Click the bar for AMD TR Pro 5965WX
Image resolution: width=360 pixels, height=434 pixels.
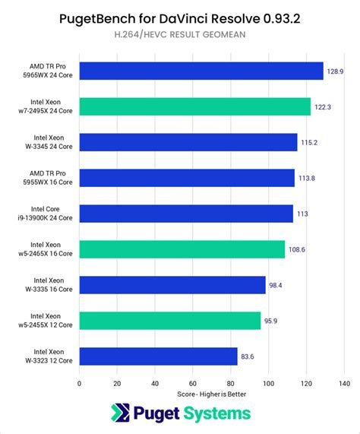(x=201, y=71)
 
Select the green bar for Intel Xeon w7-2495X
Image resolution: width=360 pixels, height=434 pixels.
(x=194, y=107)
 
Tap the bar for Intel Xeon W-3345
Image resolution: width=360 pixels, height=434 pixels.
(x=188, y=142)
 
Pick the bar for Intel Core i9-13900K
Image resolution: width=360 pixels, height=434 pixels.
(x=186, y=214)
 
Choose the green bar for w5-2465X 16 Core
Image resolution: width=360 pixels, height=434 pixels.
(x=182, y=249)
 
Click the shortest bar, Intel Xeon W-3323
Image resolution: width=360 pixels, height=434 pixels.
(x=158, y=356)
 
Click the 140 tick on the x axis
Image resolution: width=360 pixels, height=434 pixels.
(x=344, y=383)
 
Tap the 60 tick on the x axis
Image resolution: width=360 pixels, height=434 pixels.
(x=193, y=383)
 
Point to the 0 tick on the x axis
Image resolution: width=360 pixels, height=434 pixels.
(x=79, y=383)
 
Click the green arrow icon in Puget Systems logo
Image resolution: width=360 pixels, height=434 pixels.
(x=120, y=413)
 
